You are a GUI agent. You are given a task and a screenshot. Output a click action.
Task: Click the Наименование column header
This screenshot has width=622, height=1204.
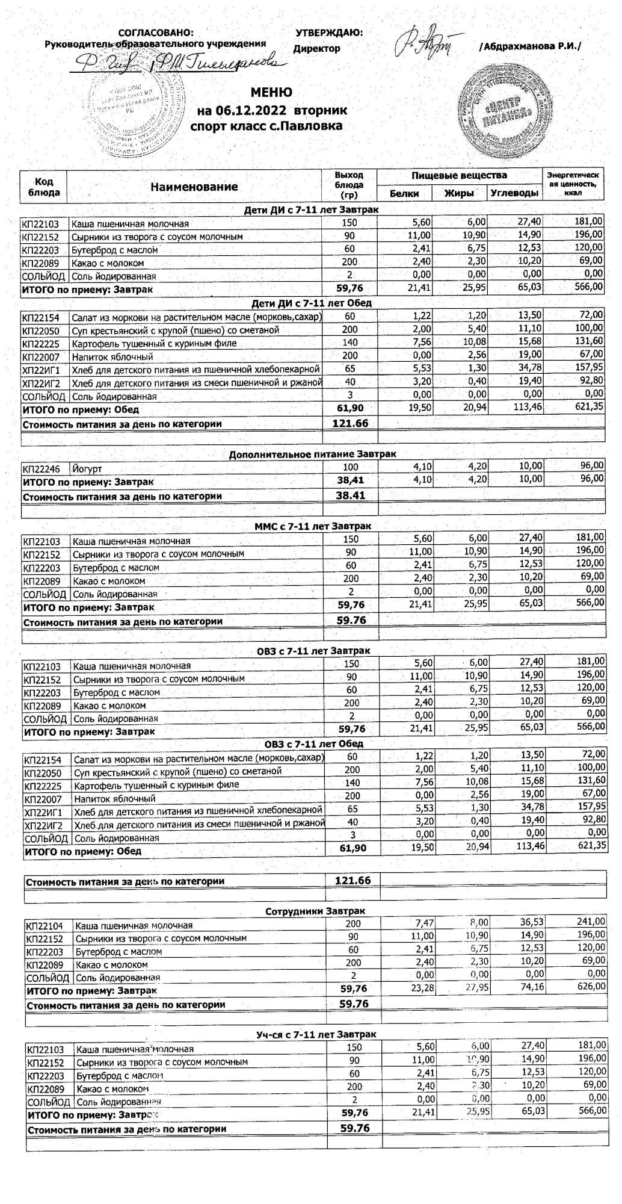194,187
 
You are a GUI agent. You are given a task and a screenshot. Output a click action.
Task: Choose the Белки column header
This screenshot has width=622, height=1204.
404,194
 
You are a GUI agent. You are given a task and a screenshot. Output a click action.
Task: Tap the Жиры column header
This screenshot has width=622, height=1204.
459,194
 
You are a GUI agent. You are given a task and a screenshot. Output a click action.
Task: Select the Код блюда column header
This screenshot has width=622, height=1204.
44,187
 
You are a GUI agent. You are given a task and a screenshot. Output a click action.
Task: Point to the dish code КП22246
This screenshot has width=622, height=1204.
42,468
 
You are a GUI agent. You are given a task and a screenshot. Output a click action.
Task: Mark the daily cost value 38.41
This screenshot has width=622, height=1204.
351,495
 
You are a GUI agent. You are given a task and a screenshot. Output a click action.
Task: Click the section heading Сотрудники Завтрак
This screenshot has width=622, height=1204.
315,911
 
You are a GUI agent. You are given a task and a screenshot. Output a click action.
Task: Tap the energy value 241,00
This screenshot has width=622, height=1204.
591,921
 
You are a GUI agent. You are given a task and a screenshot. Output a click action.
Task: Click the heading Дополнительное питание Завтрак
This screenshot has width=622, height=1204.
312,455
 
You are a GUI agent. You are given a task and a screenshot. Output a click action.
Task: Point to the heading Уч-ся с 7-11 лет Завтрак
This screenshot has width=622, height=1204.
316,1034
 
